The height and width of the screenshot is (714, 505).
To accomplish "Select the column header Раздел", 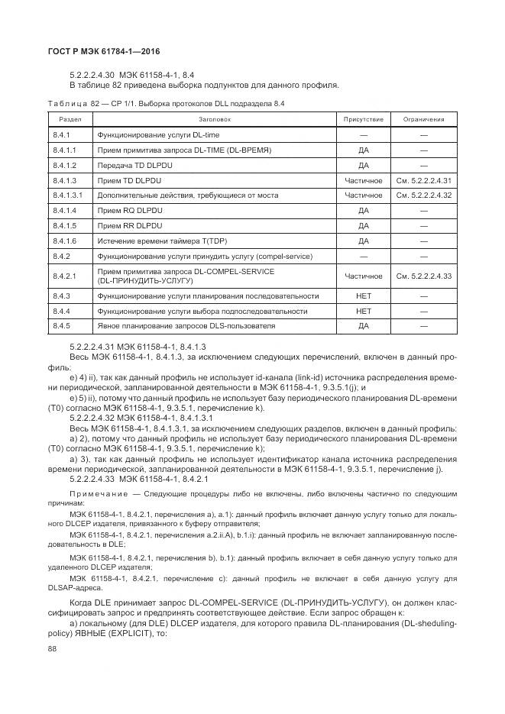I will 60,120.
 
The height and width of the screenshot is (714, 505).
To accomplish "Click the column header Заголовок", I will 214,120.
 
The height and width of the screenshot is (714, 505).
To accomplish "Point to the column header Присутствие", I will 364,120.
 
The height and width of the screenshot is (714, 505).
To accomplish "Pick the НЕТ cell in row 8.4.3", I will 364,296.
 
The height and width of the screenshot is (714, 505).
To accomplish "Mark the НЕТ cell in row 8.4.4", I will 364,312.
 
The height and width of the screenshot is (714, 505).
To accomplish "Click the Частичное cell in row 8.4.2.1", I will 364,276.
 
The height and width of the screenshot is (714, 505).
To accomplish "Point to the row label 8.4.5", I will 61,326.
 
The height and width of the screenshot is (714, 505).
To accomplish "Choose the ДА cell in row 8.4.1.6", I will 364,241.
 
